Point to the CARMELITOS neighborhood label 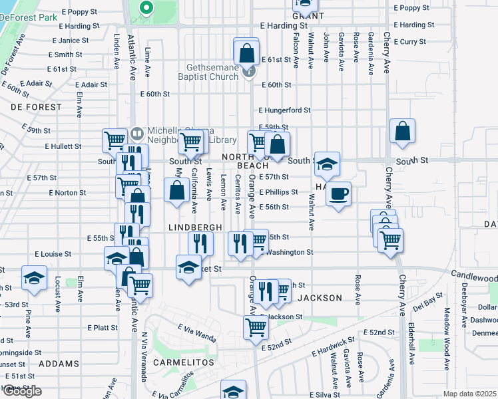point(183,363)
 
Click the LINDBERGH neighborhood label point(195,227)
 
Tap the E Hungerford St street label point(284,110)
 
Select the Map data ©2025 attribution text point(469,394)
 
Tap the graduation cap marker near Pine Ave point(33,279)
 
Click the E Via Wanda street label point(197,332)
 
